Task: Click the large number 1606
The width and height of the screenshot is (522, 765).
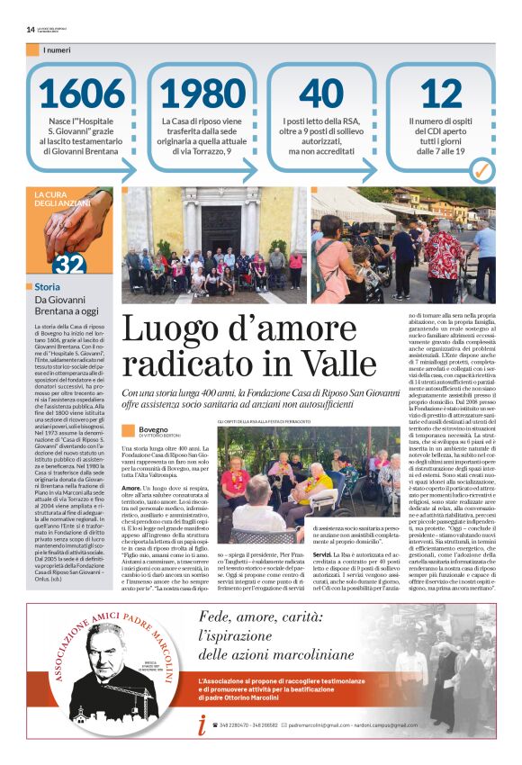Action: pyautogui.click(x=81, y=94)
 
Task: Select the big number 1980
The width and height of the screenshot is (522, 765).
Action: pyautogui.click(x=202, y=94)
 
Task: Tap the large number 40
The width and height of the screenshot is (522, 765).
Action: pyautogui.click(x=320, y=94)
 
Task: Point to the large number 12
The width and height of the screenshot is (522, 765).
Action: pyautogui.click(x=441, y=94)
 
